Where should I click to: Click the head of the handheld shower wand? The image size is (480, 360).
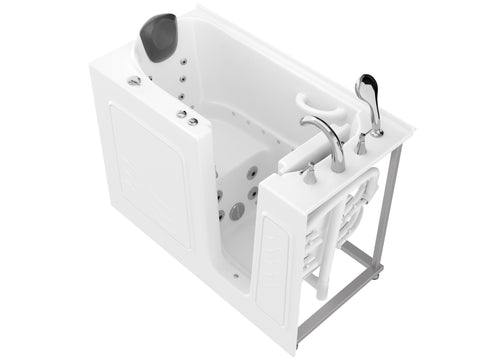click(x=367, y=88)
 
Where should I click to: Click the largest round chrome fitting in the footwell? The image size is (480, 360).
click(x=236, y=212)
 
